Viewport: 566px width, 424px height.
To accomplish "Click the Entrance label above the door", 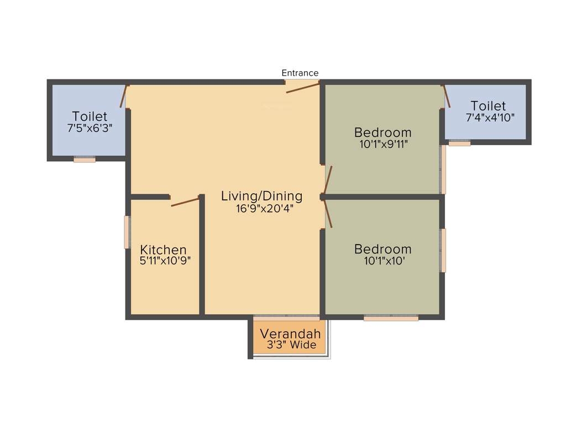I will coord(300,73).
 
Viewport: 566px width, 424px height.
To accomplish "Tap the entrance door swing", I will coord(303,87).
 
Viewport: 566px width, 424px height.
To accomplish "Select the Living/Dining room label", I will coord(261,196).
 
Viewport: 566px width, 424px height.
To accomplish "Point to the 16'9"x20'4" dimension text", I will coord(261,209).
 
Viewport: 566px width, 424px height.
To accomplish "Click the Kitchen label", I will coord(163,250).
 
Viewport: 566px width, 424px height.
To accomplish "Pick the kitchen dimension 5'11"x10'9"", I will coord(165,261).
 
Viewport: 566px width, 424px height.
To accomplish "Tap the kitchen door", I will coord(185,202).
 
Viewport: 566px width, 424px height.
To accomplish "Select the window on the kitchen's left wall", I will coord(127,232).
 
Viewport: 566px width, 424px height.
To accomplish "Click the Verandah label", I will coord(290,334).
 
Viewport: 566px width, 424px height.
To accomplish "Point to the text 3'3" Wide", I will coord(290,346).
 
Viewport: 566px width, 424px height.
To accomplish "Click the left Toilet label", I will coord(90,116).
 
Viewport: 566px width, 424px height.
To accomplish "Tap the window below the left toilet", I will coord(85,160).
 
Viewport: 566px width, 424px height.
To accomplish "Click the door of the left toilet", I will coord(124,96).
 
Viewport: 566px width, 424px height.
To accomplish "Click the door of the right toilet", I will coord(447,96).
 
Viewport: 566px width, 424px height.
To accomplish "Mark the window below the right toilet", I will coord(459,144).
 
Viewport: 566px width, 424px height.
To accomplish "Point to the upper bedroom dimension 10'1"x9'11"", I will coord(382,145).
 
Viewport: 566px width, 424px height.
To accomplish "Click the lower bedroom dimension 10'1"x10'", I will coord(382,261).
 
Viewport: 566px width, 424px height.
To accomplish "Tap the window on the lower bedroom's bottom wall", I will coord(391,318).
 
